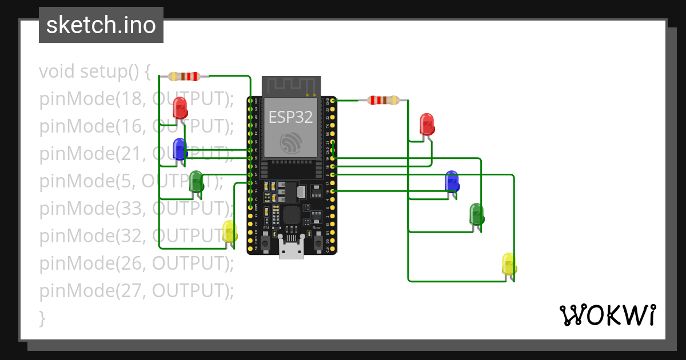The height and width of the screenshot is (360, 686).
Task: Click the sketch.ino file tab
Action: pyautogui.click(x=101, y=25)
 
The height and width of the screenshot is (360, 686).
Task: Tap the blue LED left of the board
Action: pyautogui.click(x=180, y=149)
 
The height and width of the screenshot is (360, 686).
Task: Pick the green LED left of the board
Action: pyautogui.click(x=196, y=181)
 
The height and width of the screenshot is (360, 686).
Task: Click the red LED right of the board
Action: pyautogui.click(x=427, y=123)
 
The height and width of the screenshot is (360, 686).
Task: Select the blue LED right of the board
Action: pyautogui.click(x=452, y=181)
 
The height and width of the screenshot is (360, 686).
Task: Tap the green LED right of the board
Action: pyautogui.click(x=477, y=214)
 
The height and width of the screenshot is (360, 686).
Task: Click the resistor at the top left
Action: pyautogui.click(x=184, y=76)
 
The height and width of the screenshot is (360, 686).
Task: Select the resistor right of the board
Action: pyautogui.click(x=384, y=101)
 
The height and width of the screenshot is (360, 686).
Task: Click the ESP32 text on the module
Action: pyautogui.click(x=291, y=117)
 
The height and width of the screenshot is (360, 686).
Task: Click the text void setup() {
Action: pyautogui.click(x=94, y=71)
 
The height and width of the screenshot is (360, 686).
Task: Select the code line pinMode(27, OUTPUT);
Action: pyautogui.click(x=136, y=291)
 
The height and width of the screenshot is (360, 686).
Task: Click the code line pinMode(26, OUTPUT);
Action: pyautogui.click(x=136, y=263)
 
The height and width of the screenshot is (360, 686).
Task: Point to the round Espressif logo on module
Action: pyautogui.click(x=292, y=143)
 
